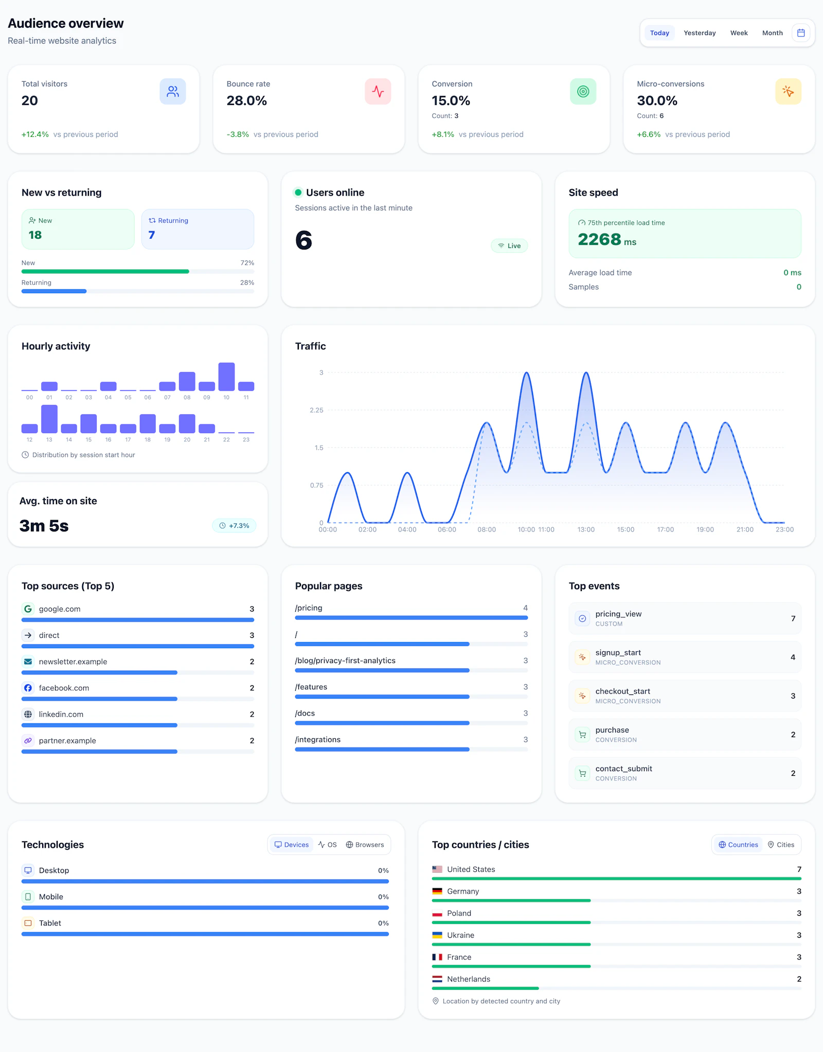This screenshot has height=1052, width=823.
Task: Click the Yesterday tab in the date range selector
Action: point(700,33)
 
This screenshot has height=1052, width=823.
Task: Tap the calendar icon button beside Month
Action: point(801,33)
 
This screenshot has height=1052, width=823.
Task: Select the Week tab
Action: point(739,33)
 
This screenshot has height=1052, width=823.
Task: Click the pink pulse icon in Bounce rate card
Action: point(378,92)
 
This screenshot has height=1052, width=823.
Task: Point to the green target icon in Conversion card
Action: point(583,92)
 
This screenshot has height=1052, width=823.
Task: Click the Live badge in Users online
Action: point(509,246)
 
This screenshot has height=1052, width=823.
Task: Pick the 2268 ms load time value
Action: point(607,240)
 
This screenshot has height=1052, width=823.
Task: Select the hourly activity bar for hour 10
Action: point(226,377)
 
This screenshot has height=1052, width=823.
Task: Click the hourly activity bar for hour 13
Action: point(49,419)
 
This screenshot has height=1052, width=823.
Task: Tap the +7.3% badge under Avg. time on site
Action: point(234,526)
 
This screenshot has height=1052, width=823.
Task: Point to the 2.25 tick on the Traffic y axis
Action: point(316,410)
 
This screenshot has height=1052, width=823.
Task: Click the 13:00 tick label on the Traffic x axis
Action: point(586,530)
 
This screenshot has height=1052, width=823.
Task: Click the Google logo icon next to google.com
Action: point(28,609)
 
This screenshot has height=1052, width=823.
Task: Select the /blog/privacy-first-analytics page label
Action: point(345,661)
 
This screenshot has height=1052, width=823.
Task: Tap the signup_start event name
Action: point(618,653)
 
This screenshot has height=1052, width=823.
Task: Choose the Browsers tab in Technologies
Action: point(365,845)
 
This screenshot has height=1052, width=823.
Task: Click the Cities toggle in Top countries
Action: point(781,845)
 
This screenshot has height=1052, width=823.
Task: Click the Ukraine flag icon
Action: point(437,935)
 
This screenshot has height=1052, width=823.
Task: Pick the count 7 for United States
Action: point(799,869)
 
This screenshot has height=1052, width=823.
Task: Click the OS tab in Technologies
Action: point(327,845)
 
